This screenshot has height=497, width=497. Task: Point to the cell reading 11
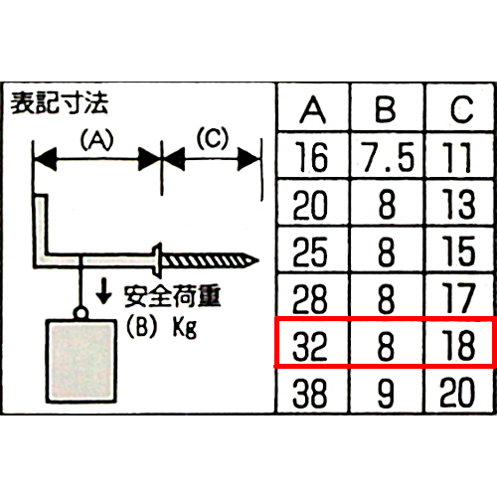click(x=459, y=157)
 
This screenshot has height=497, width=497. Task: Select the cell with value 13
click(x=459, y=204)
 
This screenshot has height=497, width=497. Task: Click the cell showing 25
click(x=310, y=250)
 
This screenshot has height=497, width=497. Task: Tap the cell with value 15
click(x=459, y=250)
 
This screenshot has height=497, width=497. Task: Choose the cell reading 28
click(x=310, y=298)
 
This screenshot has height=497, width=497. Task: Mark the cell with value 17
click(x=459, y=298)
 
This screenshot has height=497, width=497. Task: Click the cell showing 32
click(x=310, y=345)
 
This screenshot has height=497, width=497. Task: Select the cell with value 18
click(x=459, y=345)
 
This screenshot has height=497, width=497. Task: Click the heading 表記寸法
click(x=59, y=103)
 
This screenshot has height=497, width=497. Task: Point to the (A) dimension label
click(x=96, y=139)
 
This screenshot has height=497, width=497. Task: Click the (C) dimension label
click(x=213, y=138)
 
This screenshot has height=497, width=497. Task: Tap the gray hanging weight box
click(x=81, y=361)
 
